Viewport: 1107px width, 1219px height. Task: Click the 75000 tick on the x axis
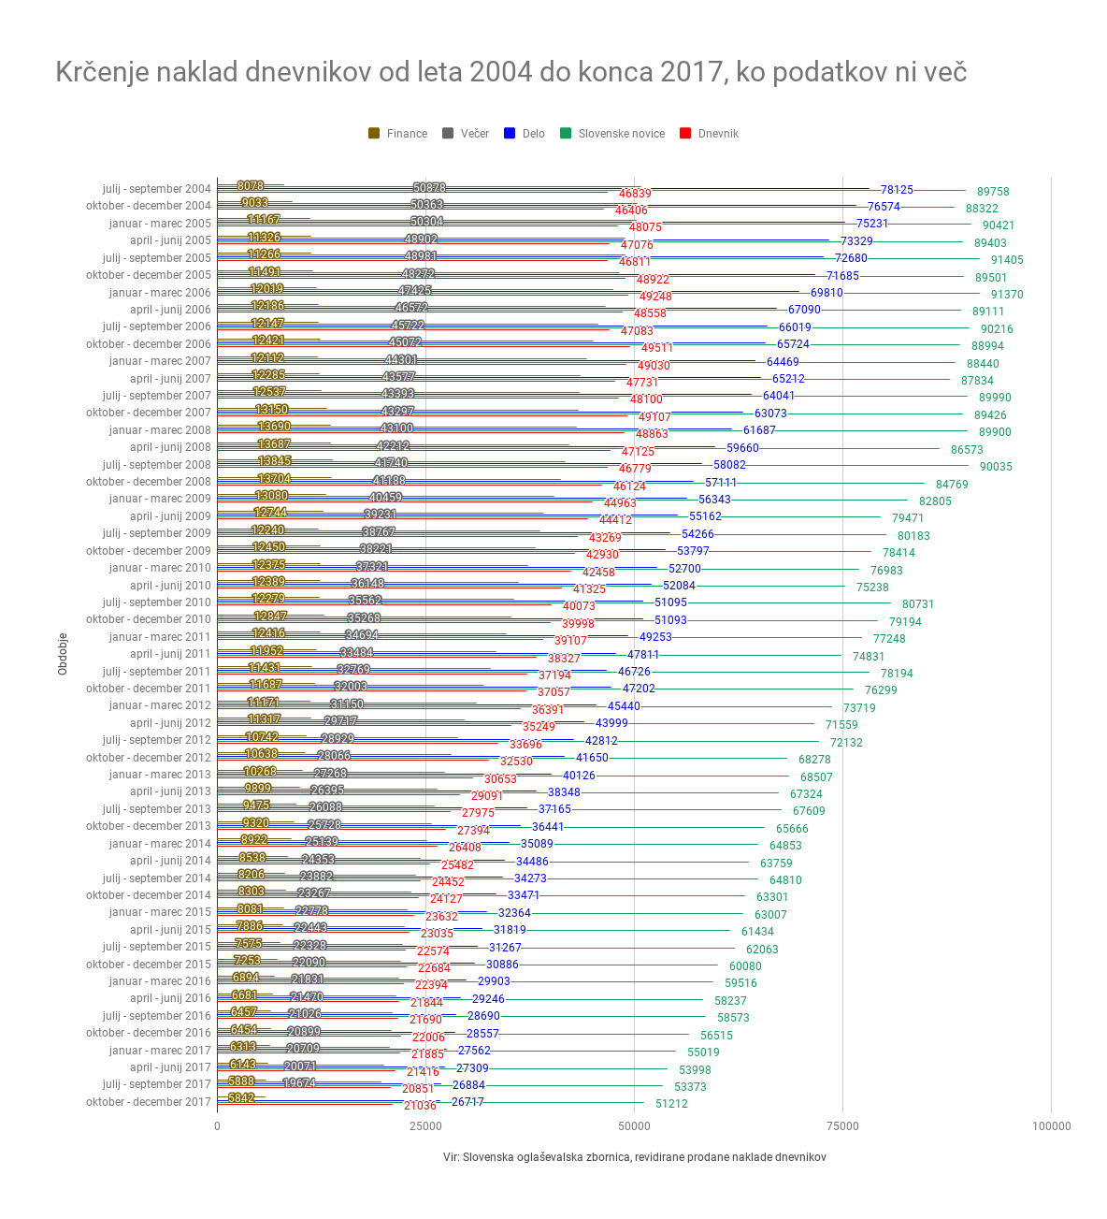[842, 1126]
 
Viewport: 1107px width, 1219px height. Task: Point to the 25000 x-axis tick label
[425, 1126]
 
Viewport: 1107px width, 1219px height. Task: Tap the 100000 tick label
[1051, 1126]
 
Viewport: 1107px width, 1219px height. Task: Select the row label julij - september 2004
[157, 189]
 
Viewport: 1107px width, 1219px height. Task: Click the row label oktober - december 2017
[149, 1102]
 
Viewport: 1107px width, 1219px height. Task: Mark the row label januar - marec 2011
[160, 637]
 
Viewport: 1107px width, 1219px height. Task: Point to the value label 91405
[1007, 260]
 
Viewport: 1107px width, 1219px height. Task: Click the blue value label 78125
[897, 190]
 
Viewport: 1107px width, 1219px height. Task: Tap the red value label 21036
[420, 1106]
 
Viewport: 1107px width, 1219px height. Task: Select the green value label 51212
[671, 1104]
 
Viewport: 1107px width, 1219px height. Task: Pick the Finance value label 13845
[275, 461]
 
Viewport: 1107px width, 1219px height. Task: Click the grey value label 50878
[429, 188]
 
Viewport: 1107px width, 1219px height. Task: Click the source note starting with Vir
[634, 1157]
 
